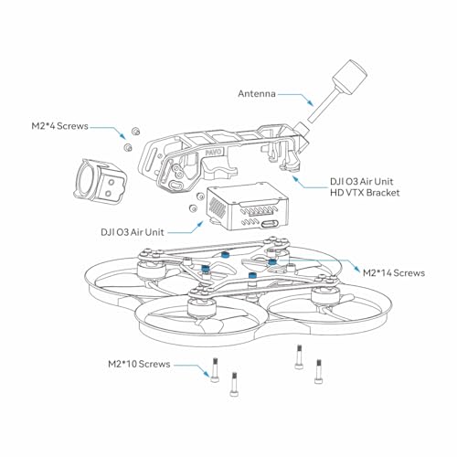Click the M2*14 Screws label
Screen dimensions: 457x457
click(x=394, y=272)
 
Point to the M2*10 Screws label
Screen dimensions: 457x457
click(x=137, y=364)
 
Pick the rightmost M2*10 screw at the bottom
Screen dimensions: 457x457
click(x=319, y=369)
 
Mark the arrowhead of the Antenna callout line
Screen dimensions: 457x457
click(x=314, y=101)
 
